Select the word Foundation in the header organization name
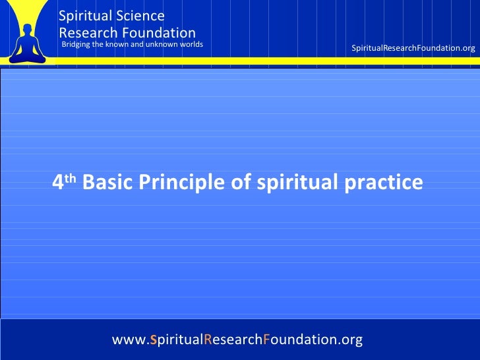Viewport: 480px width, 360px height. tap(162, 32)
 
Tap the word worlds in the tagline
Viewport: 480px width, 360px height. tap(190, 45)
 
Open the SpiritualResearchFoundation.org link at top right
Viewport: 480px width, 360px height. tap(413, 49)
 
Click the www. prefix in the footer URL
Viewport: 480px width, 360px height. tap(130, 340)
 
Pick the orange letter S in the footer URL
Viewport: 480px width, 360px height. tap(153, 340)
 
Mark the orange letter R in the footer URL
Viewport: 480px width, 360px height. tap(208, 340)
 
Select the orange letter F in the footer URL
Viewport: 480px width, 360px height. tap(265, 340)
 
